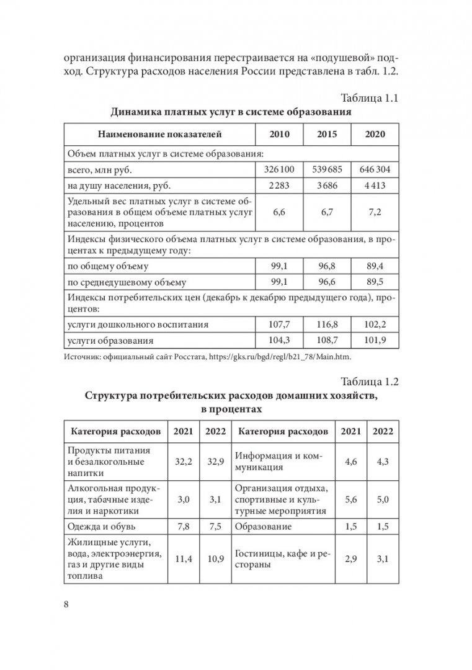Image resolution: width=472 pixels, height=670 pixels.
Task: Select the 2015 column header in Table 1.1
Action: tap(327, 134)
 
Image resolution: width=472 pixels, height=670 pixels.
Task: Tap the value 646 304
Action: tap(375, 169)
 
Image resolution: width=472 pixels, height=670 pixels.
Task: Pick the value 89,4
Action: tap(375, 266)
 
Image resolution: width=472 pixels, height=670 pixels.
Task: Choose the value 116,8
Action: tap(327, 324)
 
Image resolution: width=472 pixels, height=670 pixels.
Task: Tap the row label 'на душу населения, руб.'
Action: tap(118, 185)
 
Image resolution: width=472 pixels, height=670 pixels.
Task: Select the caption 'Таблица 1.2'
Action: tap(366, 382)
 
